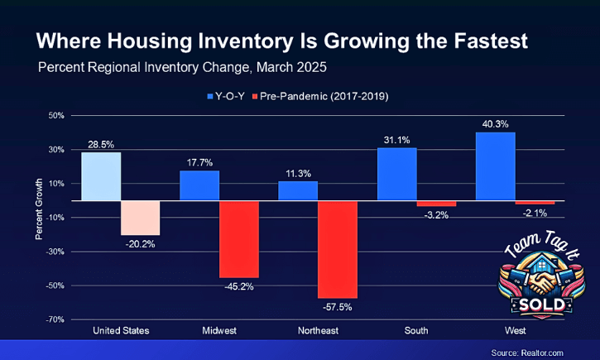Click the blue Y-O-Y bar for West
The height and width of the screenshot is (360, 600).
[496, 166]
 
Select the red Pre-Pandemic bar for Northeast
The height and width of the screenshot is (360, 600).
[337, 249]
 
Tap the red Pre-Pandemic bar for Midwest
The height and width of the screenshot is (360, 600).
[239, 239]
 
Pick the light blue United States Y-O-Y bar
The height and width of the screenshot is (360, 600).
[101, 176]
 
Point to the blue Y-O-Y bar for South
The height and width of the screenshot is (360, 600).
[396, 174]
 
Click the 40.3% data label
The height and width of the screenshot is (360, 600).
[496, 124]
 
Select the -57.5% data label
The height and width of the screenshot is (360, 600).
[338, 307]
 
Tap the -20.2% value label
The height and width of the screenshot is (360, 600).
[140, 244]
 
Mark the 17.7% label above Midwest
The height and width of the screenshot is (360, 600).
[199, 163]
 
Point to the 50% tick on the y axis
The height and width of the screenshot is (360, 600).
[55, 115]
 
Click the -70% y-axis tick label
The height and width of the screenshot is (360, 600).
[54, 319]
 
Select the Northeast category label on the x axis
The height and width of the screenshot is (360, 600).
[318, 331]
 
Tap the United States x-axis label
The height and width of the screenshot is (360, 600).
[121, 331]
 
